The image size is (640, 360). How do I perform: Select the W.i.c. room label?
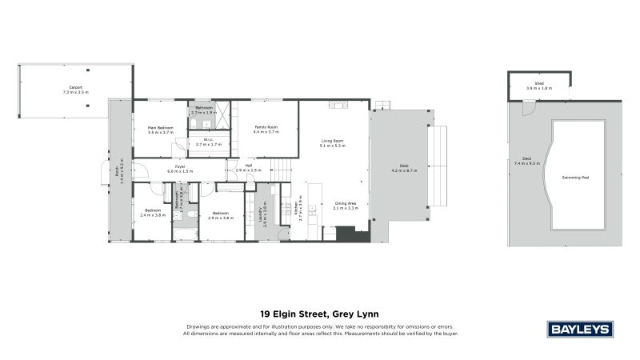pos(208,140)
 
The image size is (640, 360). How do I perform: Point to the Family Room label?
pos(266,127)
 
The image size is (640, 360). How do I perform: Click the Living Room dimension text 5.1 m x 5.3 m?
pos(332,146)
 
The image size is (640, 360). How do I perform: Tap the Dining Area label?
pos(346,203)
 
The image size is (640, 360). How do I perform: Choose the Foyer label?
pos(181,166)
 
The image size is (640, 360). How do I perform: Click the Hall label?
pos(249,166)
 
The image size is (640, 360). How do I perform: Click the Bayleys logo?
pos(579,329)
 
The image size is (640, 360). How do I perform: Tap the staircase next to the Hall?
pos(281,169)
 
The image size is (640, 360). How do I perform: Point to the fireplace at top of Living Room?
pos(335,104)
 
